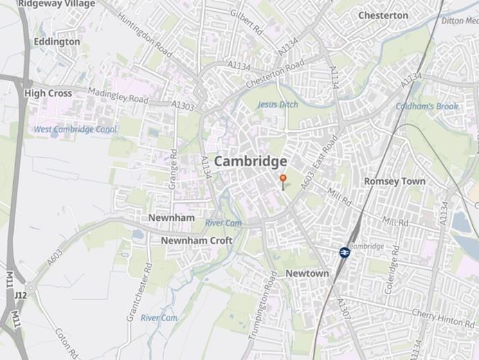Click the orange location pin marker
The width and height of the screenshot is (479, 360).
pos(282,179)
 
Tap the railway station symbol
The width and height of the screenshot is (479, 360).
pos(344,253)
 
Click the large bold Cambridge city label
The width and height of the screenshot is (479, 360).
pos(251,161)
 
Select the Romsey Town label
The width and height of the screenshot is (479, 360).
pos(395,181)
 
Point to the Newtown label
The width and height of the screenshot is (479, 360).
pos(307,273)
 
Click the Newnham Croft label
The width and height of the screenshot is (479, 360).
pos(197,240)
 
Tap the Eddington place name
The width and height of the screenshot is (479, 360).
pos(57,42)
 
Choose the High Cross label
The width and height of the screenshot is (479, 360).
pos(48,93)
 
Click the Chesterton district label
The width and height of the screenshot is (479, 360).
pos(383,15)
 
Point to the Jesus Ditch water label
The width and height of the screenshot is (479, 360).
pos(277,105)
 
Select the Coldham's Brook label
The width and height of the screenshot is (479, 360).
pos(427,106)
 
